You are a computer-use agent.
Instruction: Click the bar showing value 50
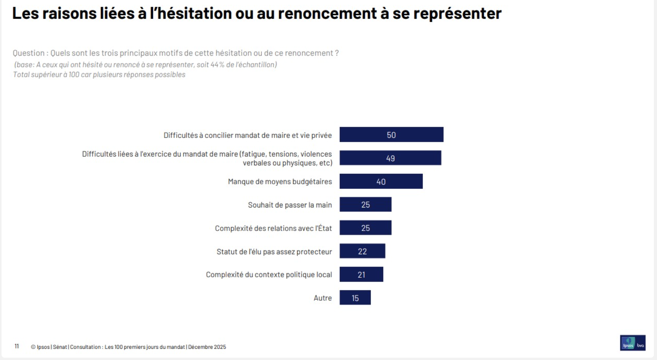(391, 135)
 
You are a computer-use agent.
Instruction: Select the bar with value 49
(390, 158)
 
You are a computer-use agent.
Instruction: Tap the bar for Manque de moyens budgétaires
(381, 182)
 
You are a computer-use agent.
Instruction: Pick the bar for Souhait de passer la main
(365, 205)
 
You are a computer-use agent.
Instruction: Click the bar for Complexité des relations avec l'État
(365, 228)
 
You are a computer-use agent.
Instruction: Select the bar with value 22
(362, 251)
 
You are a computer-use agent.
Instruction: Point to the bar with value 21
(361, 275)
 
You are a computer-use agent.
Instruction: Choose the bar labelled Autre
(355, 298)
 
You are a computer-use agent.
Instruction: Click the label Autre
(323, 298)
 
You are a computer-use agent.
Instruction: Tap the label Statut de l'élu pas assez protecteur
(274, 252)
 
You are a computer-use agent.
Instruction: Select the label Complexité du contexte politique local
(269, 275)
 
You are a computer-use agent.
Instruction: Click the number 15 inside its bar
(355, 298)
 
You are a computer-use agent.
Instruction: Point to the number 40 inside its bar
(381, 182)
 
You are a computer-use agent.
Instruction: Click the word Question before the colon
(29, 53)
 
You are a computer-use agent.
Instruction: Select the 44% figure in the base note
(217, 65)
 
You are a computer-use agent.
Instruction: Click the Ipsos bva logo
(632, 343)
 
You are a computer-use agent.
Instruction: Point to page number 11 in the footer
(17, 346)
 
